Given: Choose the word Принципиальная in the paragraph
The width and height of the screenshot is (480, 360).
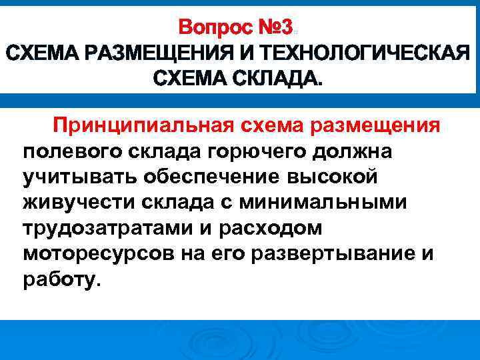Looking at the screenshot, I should pyautogui.click(x=141, y=126).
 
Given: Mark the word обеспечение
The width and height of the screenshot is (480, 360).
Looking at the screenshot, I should pyautogui.click(x=217, y=177).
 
